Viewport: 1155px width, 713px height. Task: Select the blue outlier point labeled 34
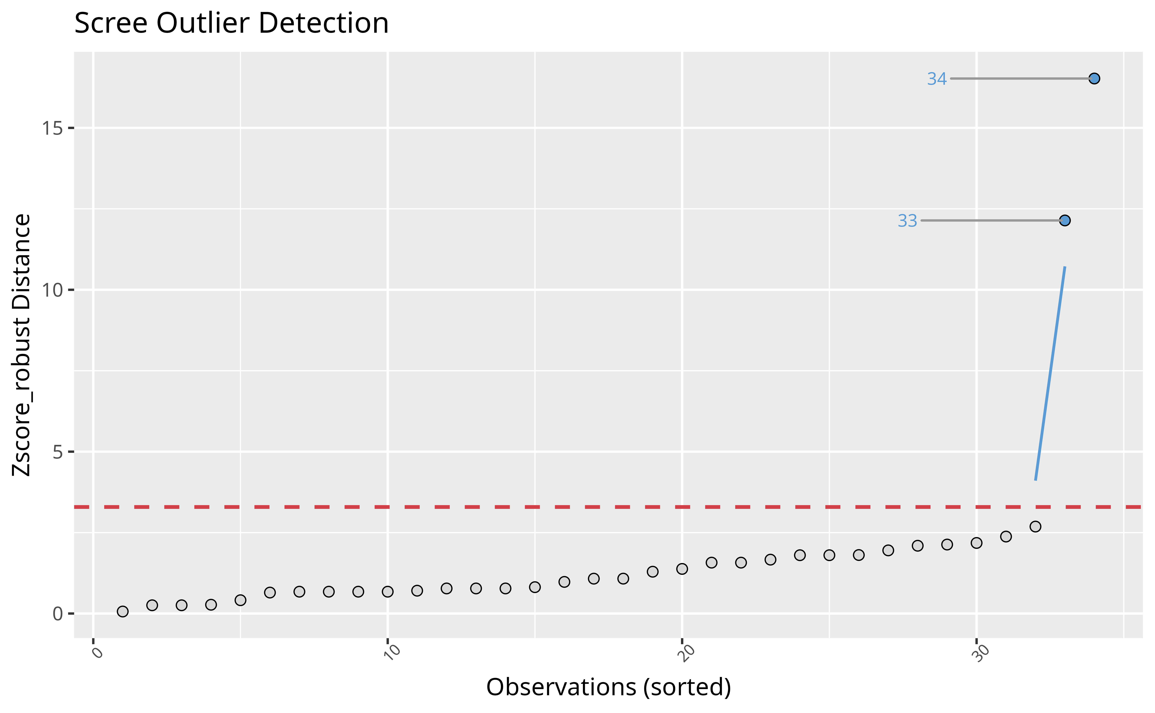click(x=1094, y=79)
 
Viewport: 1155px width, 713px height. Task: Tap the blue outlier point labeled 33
click(x=1065, y=221)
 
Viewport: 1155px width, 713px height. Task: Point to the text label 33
click(x=907, y=221)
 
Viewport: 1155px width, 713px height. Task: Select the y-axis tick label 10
click(x=52, y=290)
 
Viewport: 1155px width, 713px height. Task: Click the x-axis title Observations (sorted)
click(x=608, y=687)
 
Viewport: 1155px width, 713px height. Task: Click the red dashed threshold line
click(x=472, y=507)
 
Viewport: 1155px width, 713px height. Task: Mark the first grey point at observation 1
click(x=123, y=612)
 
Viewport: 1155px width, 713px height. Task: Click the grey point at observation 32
click(x=1035, y=526)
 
